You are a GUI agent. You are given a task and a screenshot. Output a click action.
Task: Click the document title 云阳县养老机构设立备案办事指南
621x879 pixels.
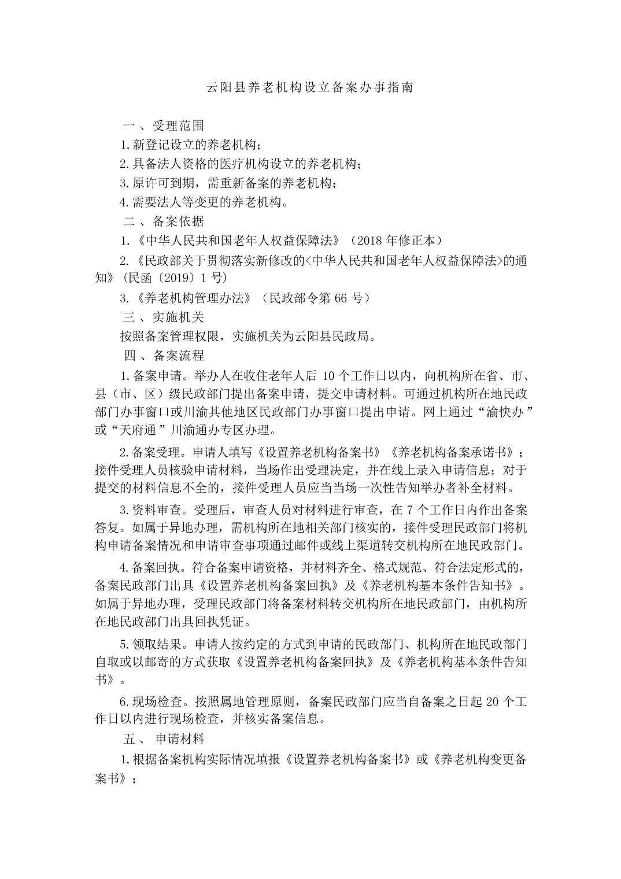coord(310,88)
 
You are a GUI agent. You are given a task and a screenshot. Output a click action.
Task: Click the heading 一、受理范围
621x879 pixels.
coord(164,125)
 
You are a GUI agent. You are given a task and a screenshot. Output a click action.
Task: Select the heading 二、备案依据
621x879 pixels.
coord(164,221)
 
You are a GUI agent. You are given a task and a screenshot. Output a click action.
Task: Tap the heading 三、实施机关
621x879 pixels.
coord(164,317)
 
